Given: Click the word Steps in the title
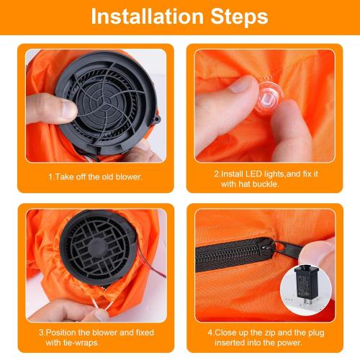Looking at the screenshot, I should coord(235,17).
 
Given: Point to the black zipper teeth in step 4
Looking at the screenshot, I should coord(230,253).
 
